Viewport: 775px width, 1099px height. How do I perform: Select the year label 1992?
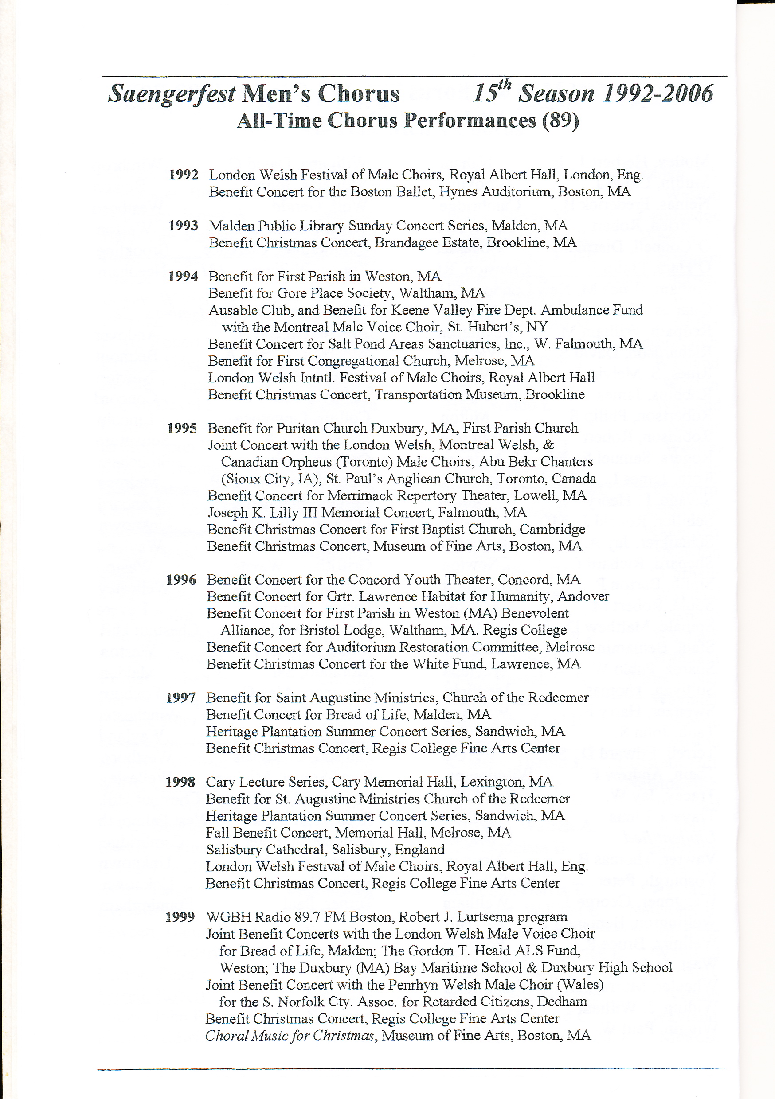[x=184, y=175]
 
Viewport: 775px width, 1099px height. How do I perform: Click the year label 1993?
[x=183, y=226]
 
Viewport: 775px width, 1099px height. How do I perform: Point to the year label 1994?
[x=183, y=277]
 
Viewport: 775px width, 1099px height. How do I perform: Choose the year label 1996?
[x=181, y=580]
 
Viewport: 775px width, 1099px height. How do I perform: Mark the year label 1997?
[x=180, y=698]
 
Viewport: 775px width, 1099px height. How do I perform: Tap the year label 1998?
[x=180, y=783]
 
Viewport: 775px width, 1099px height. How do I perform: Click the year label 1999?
[x=180, y=918]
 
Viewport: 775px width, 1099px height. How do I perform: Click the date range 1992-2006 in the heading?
[x=658, y=94]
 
